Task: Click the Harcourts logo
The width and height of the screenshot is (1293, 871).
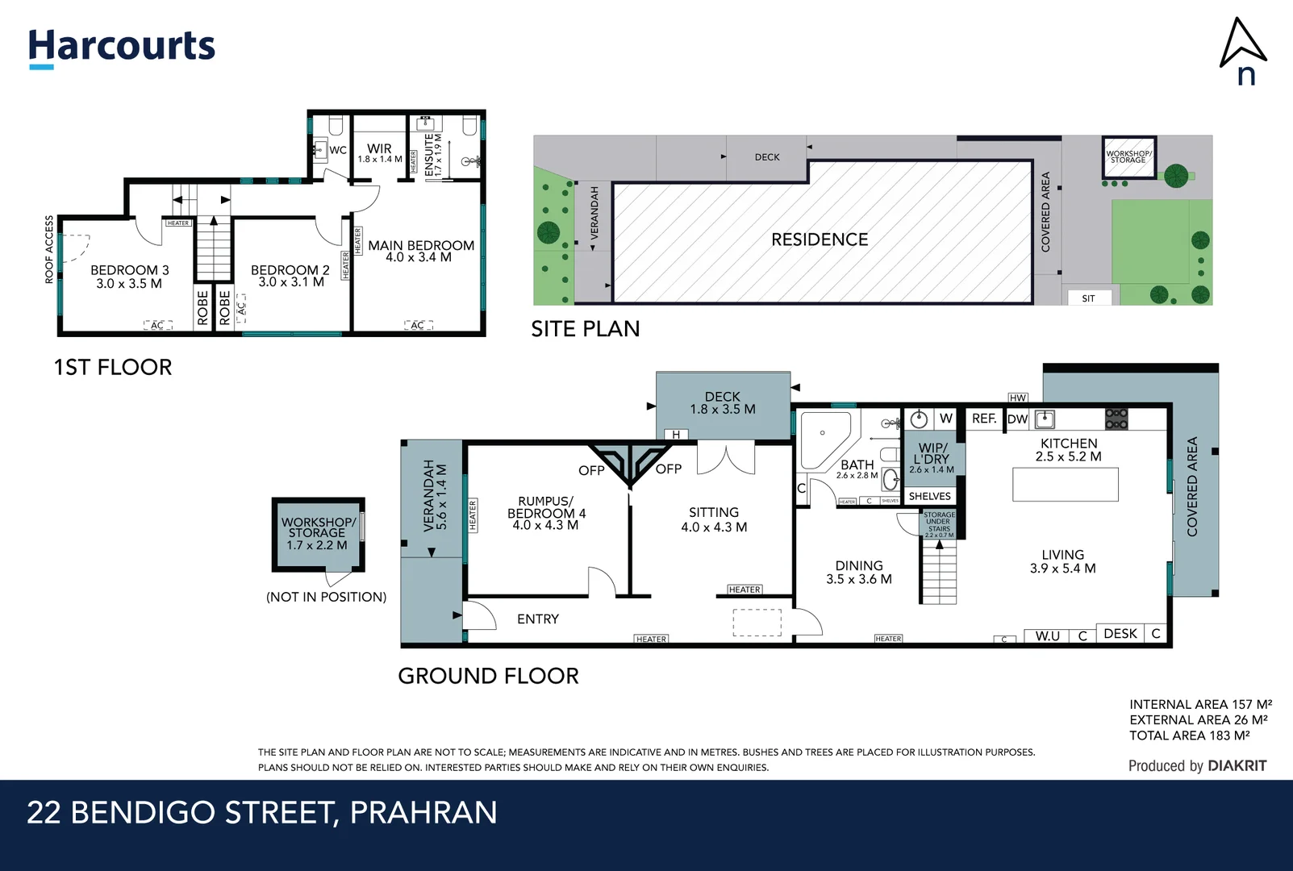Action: pos(122,47)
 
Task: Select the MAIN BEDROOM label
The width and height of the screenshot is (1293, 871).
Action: pos(420,251)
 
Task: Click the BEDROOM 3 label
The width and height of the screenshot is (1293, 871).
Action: pos(129,277)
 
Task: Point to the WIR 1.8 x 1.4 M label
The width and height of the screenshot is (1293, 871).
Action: pos(379,152)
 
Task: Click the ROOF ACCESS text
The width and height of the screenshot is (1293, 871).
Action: pos(49,249)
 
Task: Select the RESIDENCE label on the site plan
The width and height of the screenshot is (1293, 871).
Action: pos(820,240)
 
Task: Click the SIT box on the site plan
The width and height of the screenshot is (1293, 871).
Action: pos(1088,298)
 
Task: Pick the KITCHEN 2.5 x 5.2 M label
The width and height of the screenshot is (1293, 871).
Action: pos(1068,449)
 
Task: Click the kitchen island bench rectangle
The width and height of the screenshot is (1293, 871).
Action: pos(1065,484)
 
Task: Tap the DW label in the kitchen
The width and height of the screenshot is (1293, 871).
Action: pos(1017,419)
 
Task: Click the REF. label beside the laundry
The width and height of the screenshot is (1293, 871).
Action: pos(983,419)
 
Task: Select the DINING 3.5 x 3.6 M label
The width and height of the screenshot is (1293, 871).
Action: pos(858,572)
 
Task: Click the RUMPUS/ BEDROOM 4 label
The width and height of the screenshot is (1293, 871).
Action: pos(546,513)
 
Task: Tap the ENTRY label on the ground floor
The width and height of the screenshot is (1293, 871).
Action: pos(537,619)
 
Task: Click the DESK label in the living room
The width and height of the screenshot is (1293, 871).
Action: pos(1120,634)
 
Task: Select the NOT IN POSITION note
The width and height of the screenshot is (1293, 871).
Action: pos(326,597)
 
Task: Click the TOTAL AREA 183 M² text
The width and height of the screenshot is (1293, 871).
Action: pos(1189,736)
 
